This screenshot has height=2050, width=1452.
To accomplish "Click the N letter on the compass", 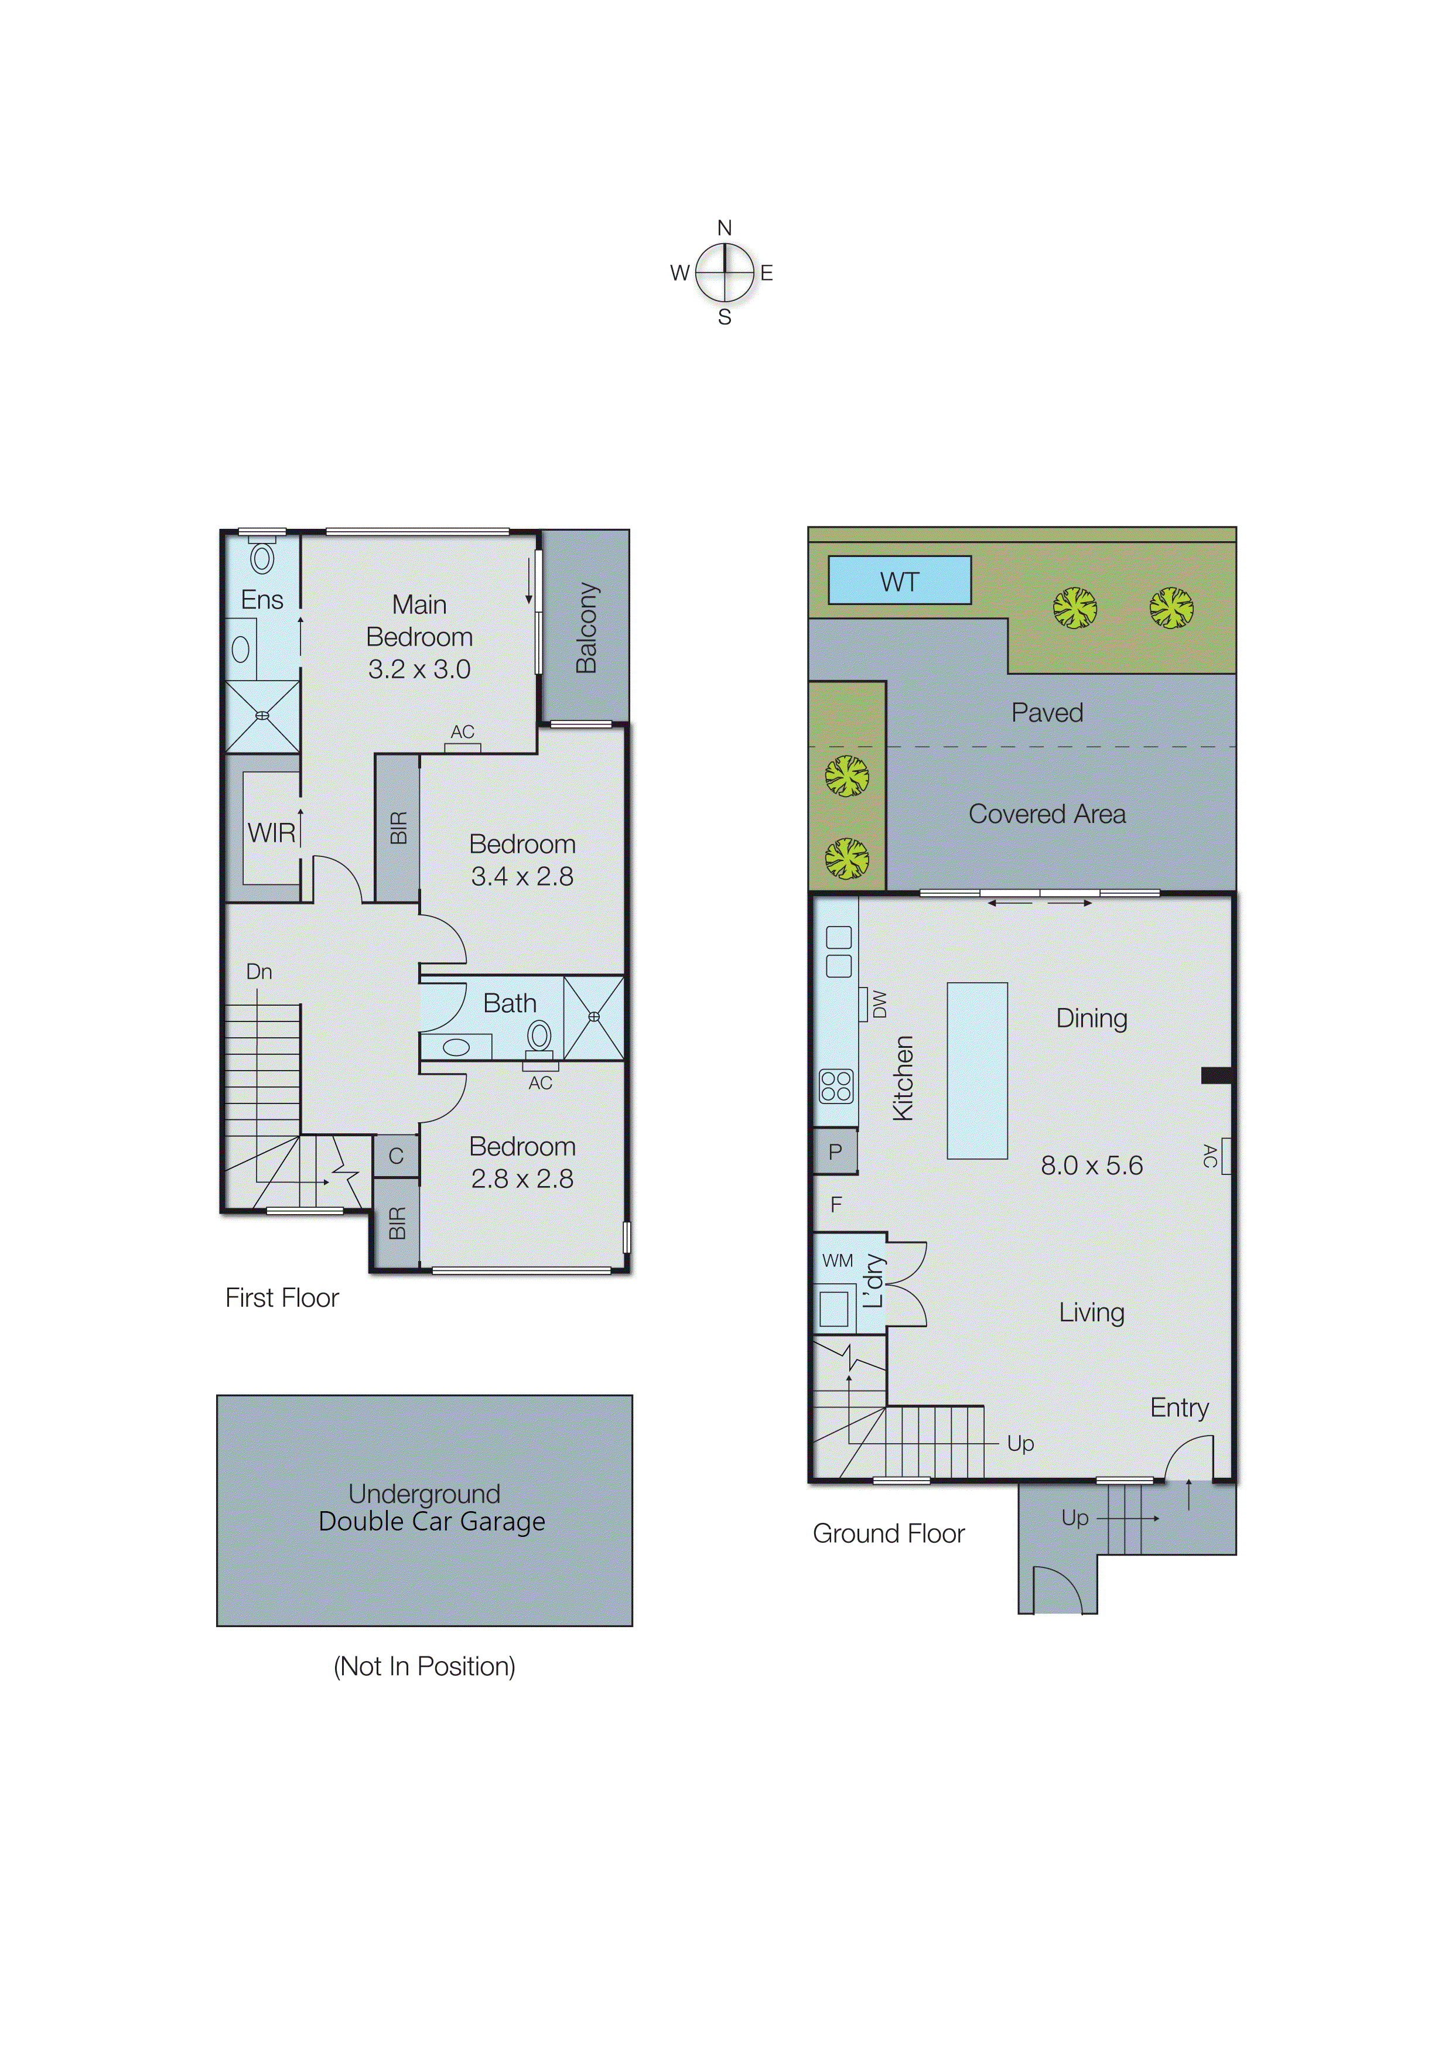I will click(x=724, y=228).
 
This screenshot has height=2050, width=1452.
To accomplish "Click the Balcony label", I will click(x=586, y=628).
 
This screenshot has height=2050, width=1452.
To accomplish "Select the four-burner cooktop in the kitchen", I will click(x=836, y=1086).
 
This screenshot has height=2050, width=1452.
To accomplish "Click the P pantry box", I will click(x=835, y=1152).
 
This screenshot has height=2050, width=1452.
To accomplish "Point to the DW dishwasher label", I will click(x=879, y=1004).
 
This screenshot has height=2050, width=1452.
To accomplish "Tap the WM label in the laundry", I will click(x=837, y=1260).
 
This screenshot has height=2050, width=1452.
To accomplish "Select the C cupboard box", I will click(x=395, y=1156).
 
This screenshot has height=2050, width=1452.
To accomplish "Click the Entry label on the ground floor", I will click(x=1178, y=1407).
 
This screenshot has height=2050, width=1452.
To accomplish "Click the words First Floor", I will click(x=282, y=1297).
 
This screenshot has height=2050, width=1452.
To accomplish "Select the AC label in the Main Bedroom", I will click(x=462, y=732).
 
